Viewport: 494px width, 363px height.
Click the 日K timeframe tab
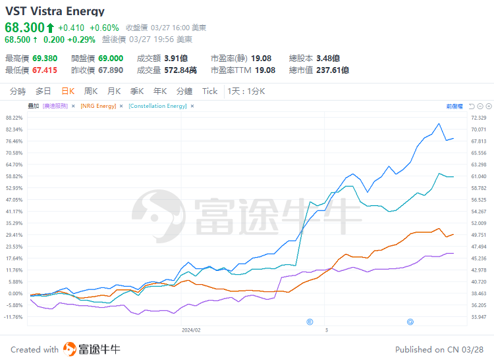pos(67,91)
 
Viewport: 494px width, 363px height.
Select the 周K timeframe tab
pos(91,91)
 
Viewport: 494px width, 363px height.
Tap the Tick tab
pos(209,91)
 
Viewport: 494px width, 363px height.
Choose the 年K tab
pos(160,91)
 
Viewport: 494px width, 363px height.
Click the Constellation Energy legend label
pos(157,106)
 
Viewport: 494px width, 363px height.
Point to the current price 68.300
pos(24,28)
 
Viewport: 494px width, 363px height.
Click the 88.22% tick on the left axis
pos(14,118)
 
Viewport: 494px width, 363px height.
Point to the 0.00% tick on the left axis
pos(15,293)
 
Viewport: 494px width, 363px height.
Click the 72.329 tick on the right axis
pos(479,118)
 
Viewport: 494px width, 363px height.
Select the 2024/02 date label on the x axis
pos(191,329)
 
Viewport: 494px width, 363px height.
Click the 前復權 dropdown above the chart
pos(454,106)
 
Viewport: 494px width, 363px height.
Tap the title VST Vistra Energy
pos(55,11)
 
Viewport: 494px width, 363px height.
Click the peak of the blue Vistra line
pos(439,123)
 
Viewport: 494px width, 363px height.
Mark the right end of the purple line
pos(453,253)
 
